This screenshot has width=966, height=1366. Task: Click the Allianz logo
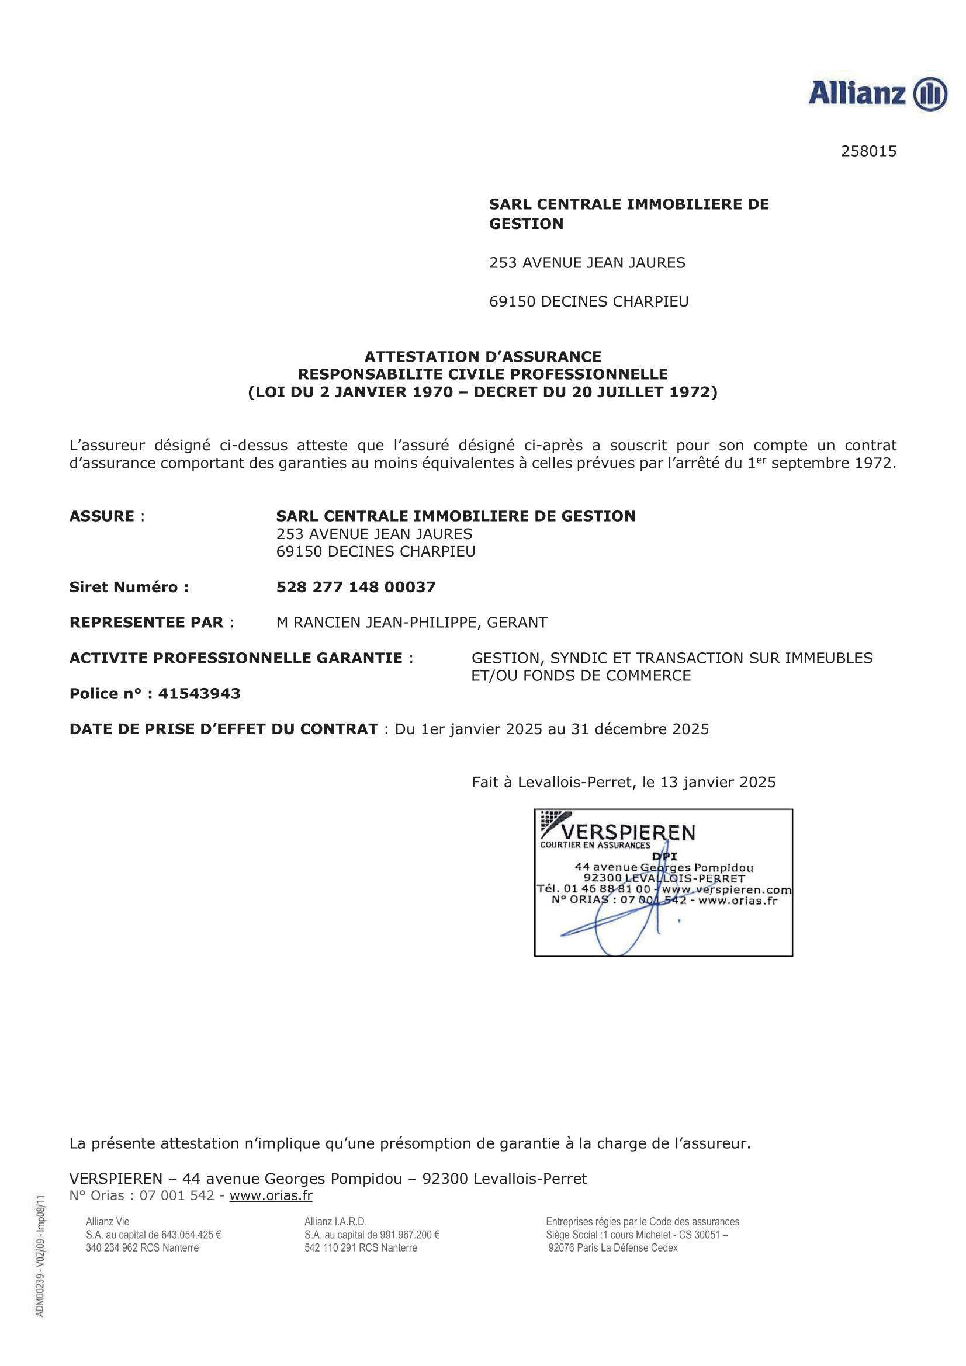click(877, 93)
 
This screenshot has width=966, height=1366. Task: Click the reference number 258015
click(868, 151)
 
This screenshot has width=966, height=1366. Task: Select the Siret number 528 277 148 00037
click(355, 587)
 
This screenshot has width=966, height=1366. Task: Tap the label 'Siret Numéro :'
click(129, 587)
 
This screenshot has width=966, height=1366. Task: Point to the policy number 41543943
click(199, 694)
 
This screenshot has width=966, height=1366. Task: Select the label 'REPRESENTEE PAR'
click(147, 623)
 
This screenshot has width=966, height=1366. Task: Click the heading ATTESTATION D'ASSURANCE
click(483, 356)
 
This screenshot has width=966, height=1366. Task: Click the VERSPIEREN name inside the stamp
click(629, 832)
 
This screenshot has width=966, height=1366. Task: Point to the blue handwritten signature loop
click(619, 934)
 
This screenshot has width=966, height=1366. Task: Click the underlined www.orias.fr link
click(271, 1196)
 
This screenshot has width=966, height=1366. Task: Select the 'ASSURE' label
click(102, 516)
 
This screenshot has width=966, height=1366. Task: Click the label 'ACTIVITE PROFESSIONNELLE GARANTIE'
click(236, 658)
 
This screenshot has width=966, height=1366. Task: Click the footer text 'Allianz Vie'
click(108, 1221)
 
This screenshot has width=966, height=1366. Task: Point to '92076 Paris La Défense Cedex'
click(613, 1247)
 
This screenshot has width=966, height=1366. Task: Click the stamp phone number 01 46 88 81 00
click(607, 889)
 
